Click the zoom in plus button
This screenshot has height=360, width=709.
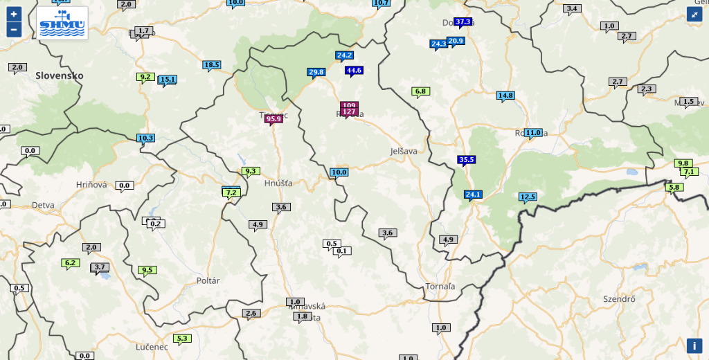point(14,14)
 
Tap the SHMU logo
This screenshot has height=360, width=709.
point(62,24)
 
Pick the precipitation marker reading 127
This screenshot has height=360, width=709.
point(349,111)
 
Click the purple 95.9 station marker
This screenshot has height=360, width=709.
point(273,119)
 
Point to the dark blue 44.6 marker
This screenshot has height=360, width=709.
point(354,70)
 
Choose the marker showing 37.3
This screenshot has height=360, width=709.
point(463,21)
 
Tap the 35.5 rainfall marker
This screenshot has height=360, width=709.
point(467,160)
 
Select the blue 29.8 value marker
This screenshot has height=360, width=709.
point(316,72)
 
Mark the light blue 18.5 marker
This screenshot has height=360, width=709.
point(211,65)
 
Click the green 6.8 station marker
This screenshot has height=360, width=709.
point(420,91)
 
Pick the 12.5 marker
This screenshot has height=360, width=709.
point(528,197)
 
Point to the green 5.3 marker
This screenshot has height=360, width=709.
point(182,339)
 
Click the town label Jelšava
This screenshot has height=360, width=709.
point(404,150)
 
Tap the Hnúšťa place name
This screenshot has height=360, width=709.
point(278,183)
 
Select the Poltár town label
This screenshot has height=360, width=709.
point(208,280)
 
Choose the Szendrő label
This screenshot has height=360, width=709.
point(620,299)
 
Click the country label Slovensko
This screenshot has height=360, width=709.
point(60,75)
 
